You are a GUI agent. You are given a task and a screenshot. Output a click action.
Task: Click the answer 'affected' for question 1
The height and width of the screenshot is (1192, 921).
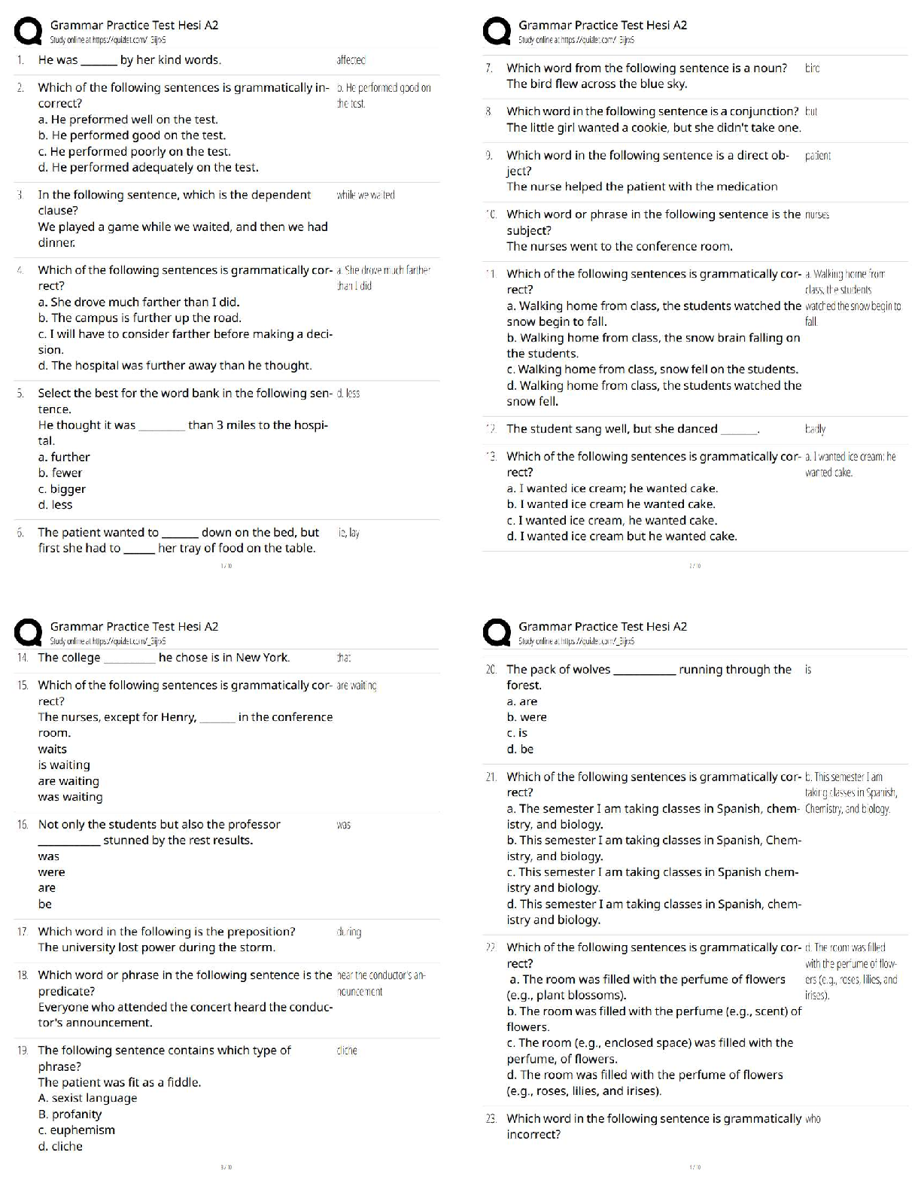(x=351, y=60)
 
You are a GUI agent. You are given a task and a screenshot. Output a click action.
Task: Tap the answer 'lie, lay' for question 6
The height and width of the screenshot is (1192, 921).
(x=349, y=533)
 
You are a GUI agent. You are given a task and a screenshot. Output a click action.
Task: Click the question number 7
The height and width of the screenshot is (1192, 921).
(x=489, y=68)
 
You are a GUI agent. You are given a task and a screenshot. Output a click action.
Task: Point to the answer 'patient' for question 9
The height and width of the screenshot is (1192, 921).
(x=818, y=156)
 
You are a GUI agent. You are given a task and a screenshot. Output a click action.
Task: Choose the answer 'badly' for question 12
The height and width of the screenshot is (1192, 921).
(x=815, y=429)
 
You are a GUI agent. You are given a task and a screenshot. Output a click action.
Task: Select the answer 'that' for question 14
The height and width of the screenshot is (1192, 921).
(x=344, y=658)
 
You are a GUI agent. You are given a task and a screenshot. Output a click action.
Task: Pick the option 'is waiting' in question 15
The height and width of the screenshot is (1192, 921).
(x=64, y=765)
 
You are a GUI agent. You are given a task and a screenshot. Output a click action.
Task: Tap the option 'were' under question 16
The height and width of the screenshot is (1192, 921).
(x=51, y=872)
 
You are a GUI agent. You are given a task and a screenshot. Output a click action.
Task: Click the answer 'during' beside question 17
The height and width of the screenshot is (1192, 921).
(x=349, y=932)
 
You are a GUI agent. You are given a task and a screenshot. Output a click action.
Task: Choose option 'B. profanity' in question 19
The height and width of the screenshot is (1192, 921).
(x=69, y=1114)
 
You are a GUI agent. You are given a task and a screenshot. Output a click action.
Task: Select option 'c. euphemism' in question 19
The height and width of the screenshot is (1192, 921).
(x=76, y=1130)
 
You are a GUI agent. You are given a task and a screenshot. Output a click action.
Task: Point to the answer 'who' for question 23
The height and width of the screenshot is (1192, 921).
(x=813, y=1119)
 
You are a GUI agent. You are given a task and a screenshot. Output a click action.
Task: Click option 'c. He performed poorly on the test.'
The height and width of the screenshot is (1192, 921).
(x=134, y=151)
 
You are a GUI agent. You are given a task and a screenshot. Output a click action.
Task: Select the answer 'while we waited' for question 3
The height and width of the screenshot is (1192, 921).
(x=366, y=195)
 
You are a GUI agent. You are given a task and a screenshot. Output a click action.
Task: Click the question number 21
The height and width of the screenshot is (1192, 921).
(x=491, y=777)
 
